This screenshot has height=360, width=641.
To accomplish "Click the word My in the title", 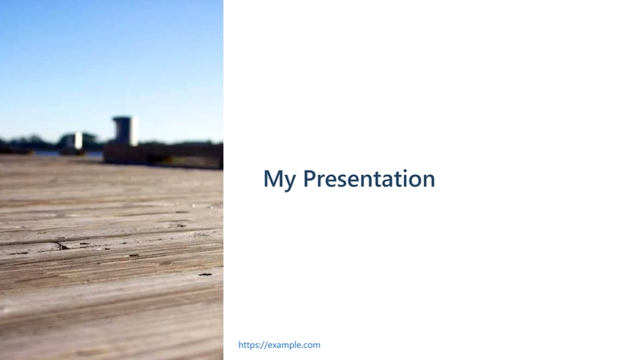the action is pos(279,180).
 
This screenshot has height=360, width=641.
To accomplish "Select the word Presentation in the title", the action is pos(369,178).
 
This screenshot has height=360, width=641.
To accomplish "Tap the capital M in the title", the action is pos(272,178).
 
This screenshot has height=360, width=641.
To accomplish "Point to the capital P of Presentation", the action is pos(309,178).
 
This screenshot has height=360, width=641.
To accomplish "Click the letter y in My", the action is pos(290,182).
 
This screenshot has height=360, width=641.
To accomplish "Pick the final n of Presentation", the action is pos(429,181).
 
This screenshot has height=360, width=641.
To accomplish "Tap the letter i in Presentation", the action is pos(405,178).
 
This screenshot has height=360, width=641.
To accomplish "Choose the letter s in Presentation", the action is pos(342,181).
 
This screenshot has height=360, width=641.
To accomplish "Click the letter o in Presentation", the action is pos(414,181).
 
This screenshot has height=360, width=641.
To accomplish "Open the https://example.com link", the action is pos(279,345).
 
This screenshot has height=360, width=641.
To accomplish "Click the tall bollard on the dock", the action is pos(125,131).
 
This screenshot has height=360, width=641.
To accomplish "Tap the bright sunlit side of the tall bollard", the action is pos(133,131).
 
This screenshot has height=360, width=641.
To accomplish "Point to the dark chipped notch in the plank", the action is pos(62,245).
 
